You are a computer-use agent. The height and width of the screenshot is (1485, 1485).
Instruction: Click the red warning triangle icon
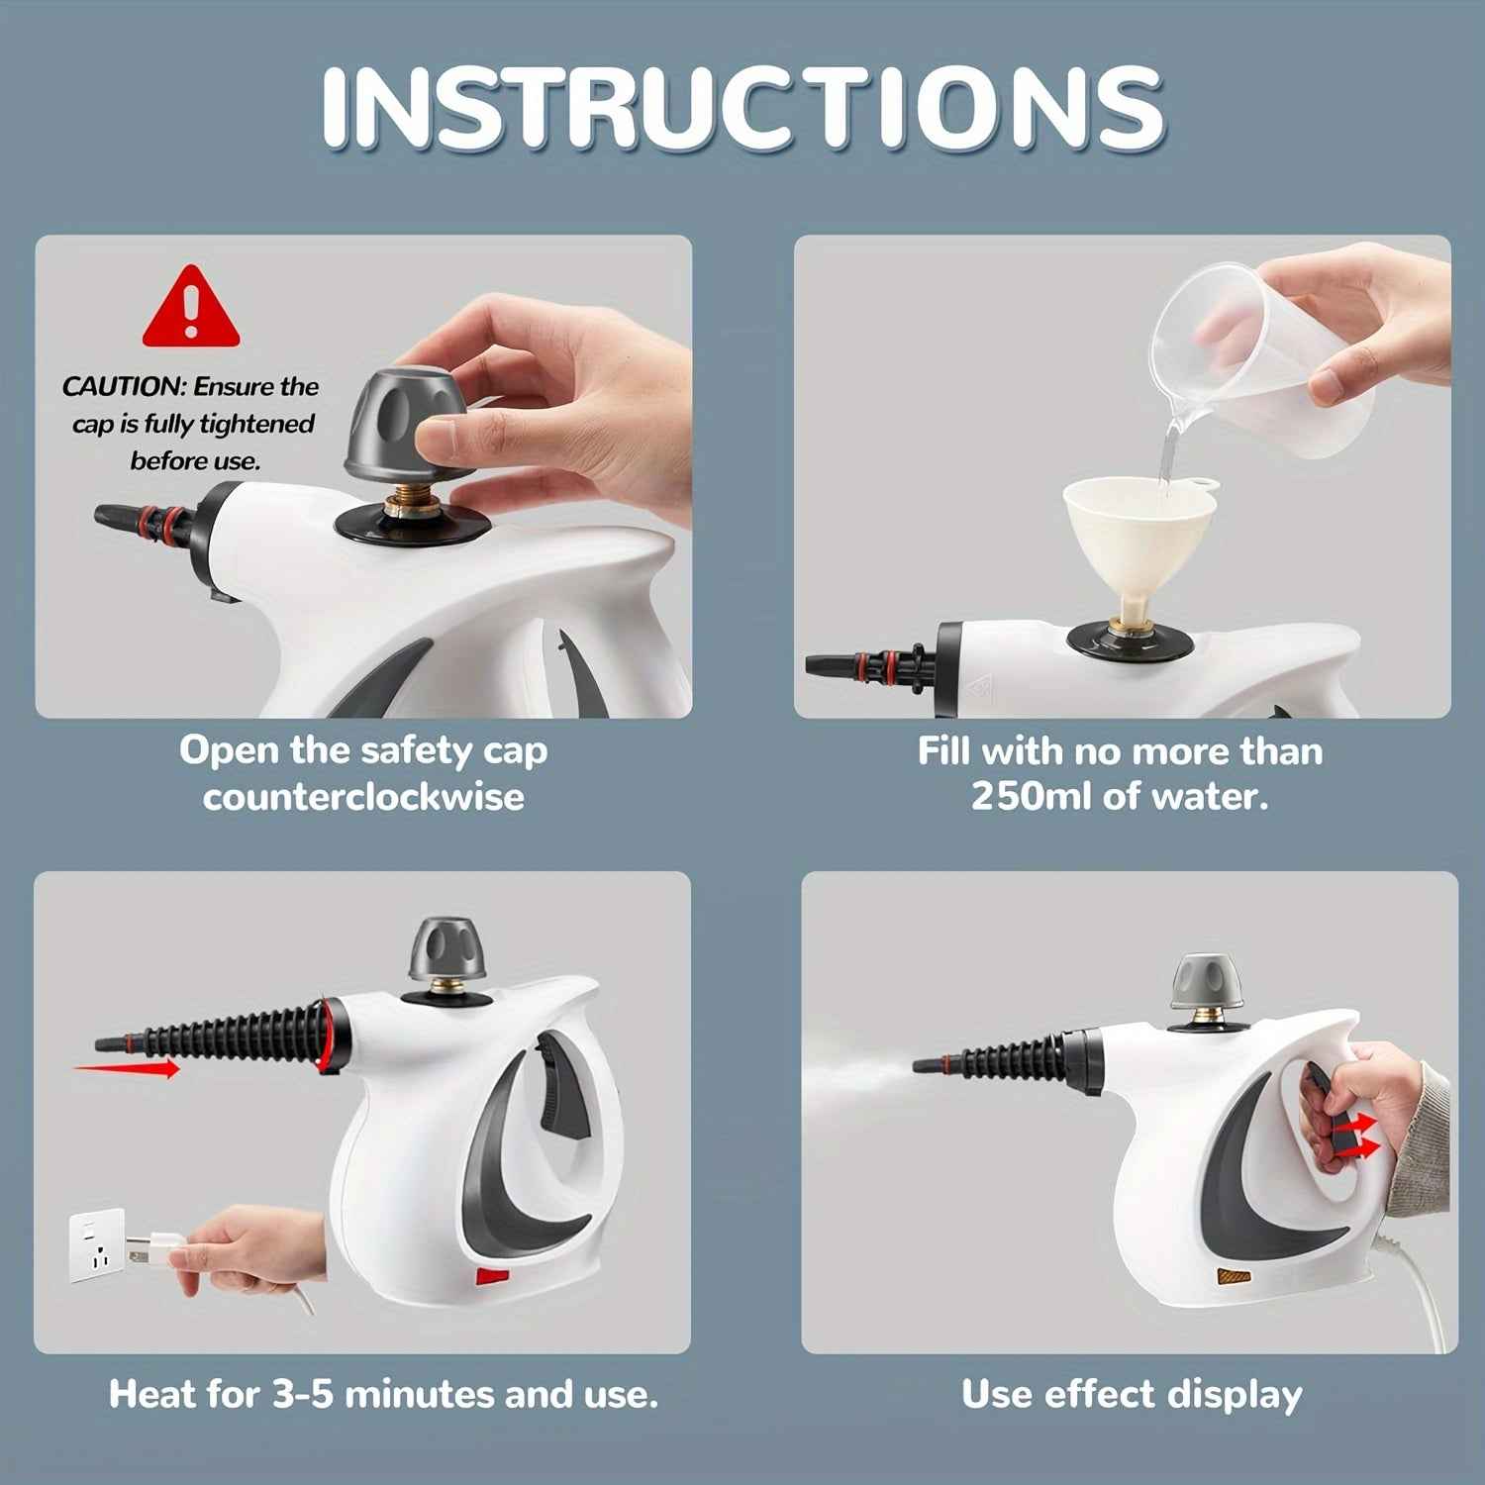coord(191,309)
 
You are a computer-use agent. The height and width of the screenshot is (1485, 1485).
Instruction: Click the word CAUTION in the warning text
coord(123,387)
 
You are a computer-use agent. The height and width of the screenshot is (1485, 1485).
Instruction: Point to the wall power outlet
coord(96,1244)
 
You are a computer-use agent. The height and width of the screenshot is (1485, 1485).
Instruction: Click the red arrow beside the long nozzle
coord(127,1068)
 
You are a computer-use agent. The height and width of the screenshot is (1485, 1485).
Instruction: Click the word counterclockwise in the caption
coord(363,797)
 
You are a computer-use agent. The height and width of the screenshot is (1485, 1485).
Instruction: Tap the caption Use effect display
coord(1131,1394)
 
